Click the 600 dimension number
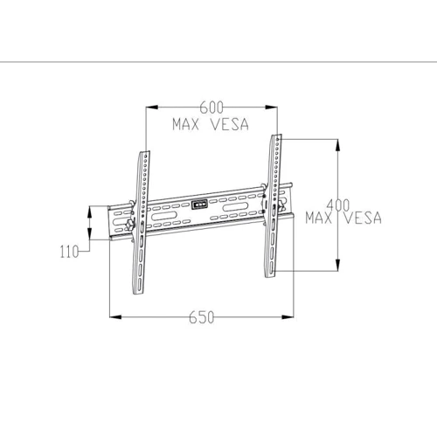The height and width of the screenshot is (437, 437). pos(211,108)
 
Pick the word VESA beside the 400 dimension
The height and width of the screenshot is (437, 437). pos(362,218)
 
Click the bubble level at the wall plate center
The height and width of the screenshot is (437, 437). pos(201,207)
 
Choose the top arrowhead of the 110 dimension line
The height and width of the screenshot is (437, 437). pos(91,208)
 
